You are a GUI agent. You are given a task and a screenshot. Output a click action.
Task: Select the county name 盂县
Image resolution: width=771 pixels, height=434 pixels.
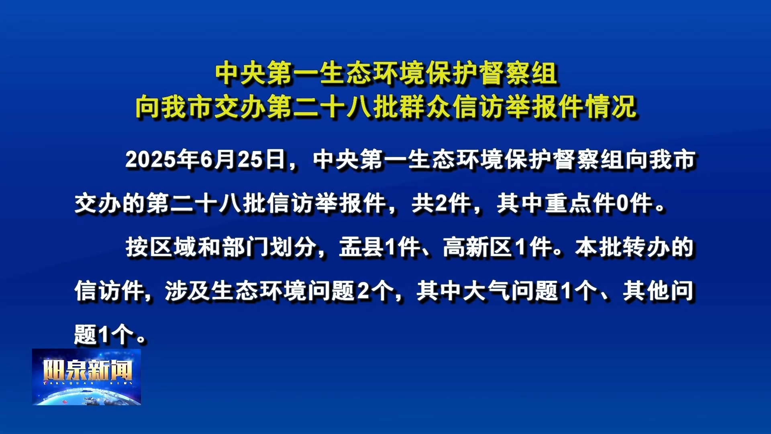click(x=362, y=247)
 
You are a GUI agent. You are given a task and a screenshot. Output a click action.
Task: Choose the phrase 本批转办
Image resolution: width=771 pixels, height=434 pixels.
click(x=622, y=247)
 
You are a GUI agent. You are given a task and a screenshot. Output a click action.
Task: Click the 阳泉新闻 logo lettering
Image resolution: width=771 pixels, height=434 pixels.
click(x=87, y=370)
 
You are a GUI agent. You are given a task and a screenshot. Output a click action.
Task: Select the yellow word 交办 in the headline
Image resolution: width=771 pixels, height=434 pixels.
click(x=240, y=107)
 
